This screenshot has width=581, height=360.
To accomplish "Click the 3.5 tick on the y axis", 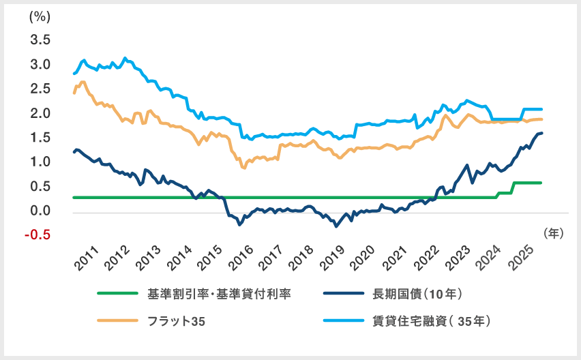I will point(41,40).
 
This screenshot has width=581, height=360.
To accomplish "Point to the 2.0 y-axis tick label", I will point(41,113).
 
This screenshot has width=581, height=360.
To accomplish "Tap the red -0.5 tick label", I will point(40,236).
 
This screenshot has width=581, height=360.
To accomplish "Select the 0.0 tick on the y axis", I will point(41,211).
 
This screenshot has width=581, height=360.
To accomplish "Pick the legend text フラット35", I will point(177,320).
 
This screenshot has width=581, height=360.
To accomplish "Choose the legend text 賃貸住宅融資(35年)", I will point(432,320).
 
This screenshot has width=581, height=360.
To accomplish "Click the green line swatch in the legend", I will point(118,294).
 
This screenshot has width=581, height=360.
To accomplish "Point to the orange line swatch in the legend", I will point(118,320).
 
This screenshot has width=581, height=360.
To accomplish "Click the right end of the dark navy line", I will point(541,133).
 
